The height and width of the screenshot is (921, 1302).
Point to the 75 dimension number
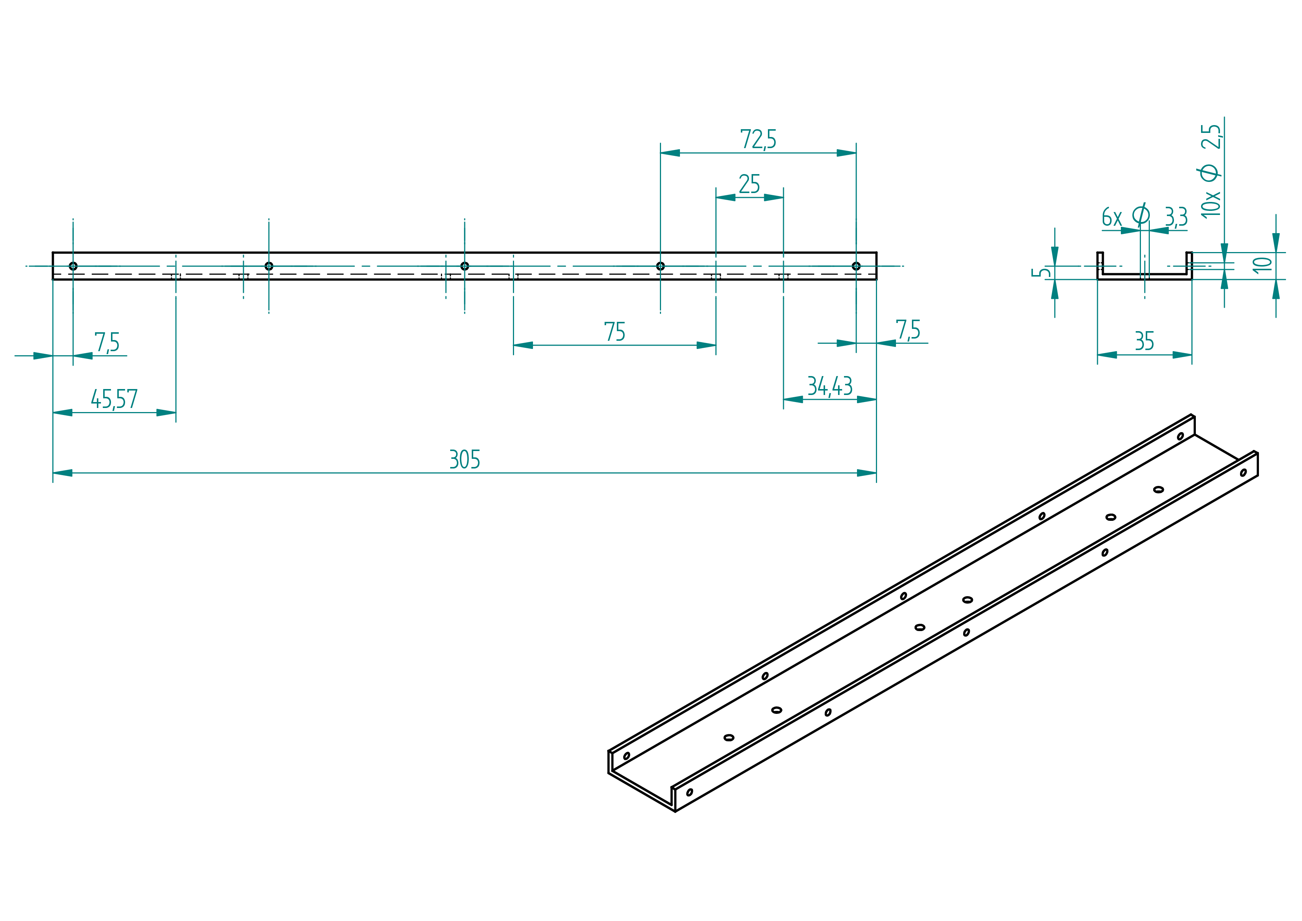(615, 332)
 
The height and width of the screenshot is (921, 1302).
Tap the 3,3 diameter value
(1176, 217)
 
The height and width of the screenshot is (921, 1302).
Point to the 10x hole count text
(1211, 204)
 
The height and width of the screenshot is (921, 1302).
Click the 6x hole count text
(1112, 217)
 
